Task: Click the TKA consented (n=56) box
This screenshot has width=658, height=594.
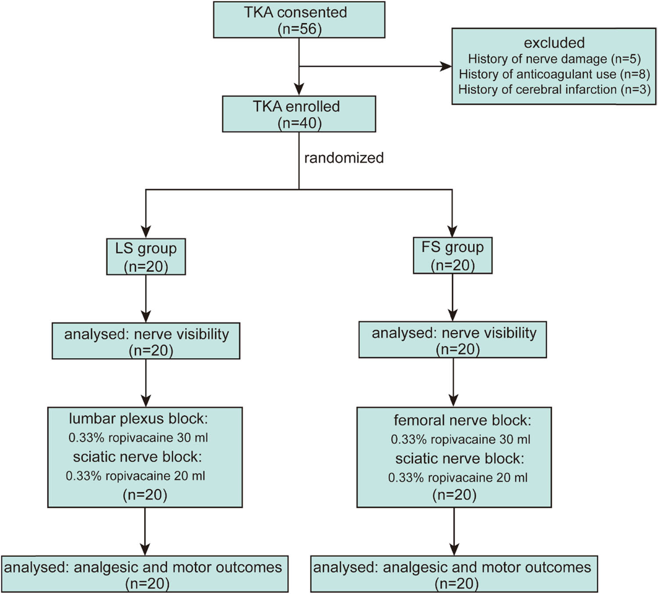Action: pyautogui.click(x=299, y=20)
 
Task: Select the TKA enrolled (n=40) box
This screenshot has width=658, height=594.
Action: pyautogui.click(x=299, y=114)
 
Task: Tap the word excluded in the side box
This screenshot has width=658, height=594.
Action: pyautogui.click(x=554, y=43)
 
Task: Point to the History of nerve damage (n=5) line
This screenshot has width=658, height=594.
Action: pyautogui.click(x=554, y=59)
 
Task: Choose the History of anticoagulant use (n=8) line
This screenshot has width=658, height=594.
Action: pyautogui.click(x=554, y=74)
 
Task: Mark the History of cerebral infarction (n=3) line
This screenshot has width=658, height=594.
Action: pyautogui.click(x=554, y=89)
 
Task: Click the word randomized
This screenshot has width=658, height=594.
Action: pyautogui.click(x=344, y=158)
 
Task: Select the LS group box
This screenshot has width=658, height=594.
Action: pyautogui.click(x=146, y=257)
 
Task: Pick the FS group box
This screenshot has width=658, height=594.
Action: pyautogui.click(x=452, y=256)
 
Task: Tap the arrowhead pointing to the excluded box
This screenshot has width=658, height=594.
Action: pyautogui.click(x=446, y=67)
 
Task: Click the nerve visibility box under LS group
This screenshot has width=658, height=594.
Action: pyautogui.click(x=146, y=341)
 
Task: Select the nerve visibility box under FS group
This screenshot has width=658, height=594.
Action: pyautogui.click(x=452, y=340)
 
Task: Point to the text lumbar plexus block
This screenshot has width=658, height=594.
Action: pyautogui.click(x=138, y=419)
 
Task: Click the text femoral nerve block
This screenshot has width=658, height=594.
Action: pyautogui.click(x=462, y=420)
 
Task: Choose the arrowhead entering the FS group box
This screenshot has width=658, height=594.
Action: pyautogui.click(x=452, y=231)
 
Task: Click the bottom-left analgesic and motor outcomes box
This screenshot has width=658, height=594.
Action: pyautogui.click(x=145, y=574)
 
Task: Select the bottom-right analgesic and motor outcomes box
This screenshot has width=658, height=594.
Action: pyautogui.click(x=454, y=574)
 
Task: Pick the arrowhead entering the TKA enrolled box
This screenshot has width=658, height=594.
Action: pyautogui.click(x=299, y=89)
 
